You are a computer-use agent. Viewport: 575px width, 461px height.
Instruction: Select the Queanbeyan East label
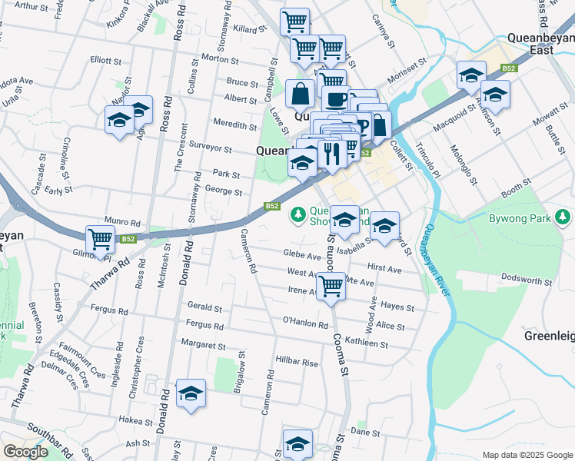(540, 42)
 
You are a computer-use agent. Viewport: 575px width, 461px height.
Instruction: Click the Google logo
(25, 452)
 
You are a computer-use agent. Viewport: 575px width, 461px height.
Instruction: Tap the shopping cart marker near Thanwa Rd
(100, 239)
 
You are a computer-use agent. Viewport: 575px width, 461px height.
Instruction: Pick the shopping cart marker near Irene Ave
(331, 286)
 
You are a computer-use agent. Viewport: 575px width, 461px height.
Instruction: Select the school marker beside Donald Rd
(191, 393)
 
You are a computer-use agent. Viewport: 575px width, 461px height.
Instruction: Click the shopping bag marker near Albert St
(300, 95)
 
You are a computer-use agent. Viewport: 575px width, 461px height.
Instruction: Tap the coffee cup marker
(335, 99)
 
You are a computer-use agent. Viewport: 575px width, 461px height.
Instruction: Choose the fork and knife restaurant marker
(332, 154)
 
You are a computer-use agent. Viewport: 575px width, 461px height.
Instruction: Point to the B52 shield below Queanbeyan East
(508, 68)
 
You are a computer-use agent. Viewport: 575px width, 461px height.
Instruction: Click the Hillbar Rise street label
(297, 362)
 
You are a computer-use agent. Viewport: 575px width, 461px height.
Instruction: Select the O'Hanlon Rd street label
(305, 322)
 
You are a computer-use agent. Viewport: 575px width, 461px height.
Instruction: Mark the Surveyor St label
(211, 147)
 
